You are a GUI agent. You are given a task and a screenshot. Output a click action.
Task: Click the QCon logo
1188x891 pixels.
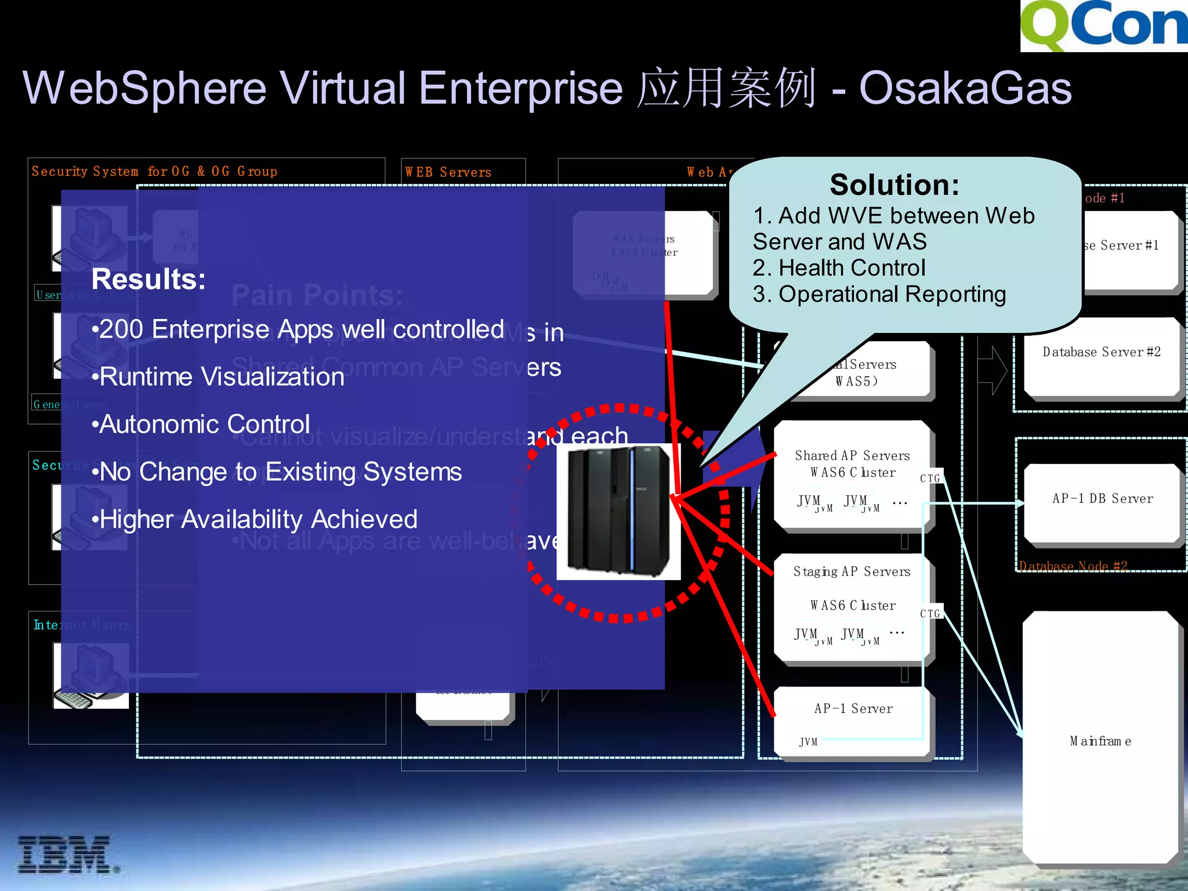point(1103,26)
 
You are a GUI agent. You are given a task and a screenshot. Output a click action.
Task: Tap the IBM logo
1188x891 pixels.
point(67,854)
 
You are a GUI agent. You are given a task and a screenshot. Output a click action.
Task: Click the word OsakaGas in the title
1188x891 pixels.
point(965,88)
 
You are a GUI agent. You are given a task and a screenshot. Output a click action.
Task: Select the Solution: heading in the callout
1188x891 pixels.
point(894,185)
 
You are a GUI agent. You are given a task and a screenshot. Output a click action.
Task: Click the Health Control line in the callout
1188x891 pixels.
point(839,268)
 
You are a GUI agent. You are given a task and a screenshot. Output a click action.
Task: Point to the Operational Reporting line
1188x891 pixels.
point(879,294)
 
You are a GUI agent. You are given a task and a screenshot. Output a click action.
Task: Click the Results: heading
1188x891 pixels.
point(148,279)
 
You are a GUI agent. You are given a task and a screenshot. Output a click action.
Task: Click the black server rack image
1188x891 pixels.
point(618,511)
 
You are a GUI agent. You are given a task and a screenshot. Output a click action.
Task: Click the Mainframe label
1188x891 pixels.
point(1100,741)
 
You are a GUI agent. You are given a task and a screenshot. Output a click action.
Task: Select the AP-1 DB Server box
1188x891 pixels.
point(1102,499)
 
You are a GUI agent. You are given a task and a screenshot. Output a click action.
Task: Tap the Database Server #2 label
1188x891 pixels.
point(1101,352)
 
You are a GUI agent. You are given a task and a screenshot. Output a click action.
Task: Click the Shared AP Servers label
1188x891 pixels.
point(852,456)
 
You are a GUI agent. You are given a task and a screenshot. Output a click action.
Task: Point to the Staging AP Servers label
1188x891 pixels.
point(852,572)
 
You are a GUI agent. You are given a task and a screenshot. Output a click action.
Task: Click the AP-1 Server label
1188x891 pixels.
point(853,708)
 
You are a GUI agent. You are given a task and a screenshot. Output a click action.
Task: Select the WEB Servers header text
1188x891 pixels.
point(448,172)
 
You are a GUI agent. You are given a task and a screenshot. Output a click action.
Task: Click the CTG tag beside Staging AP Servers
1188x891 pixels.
point(930,614)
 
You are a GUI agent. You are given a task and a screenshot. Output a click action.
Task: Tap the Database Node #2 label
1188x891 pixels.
point(1073,566)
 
